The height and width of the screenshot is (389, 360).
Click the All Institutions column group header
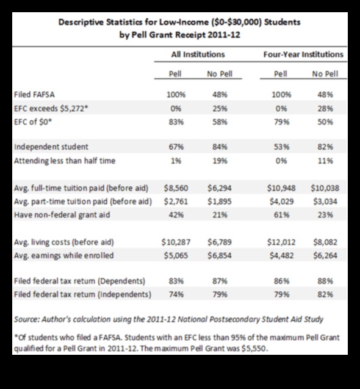click(198, 54)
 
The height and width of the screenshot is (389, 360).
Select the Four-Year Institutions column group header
click(303, 54)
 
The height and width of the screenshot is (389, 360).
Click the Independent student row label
click(51, 147)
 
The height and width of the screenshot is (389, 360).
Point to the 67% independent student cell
click(176, 147)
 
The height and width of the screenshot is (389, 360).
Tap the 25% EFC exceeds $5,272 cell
click(219, 108)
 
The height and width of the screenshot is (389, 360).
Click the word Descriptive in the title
click(82, 23)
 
